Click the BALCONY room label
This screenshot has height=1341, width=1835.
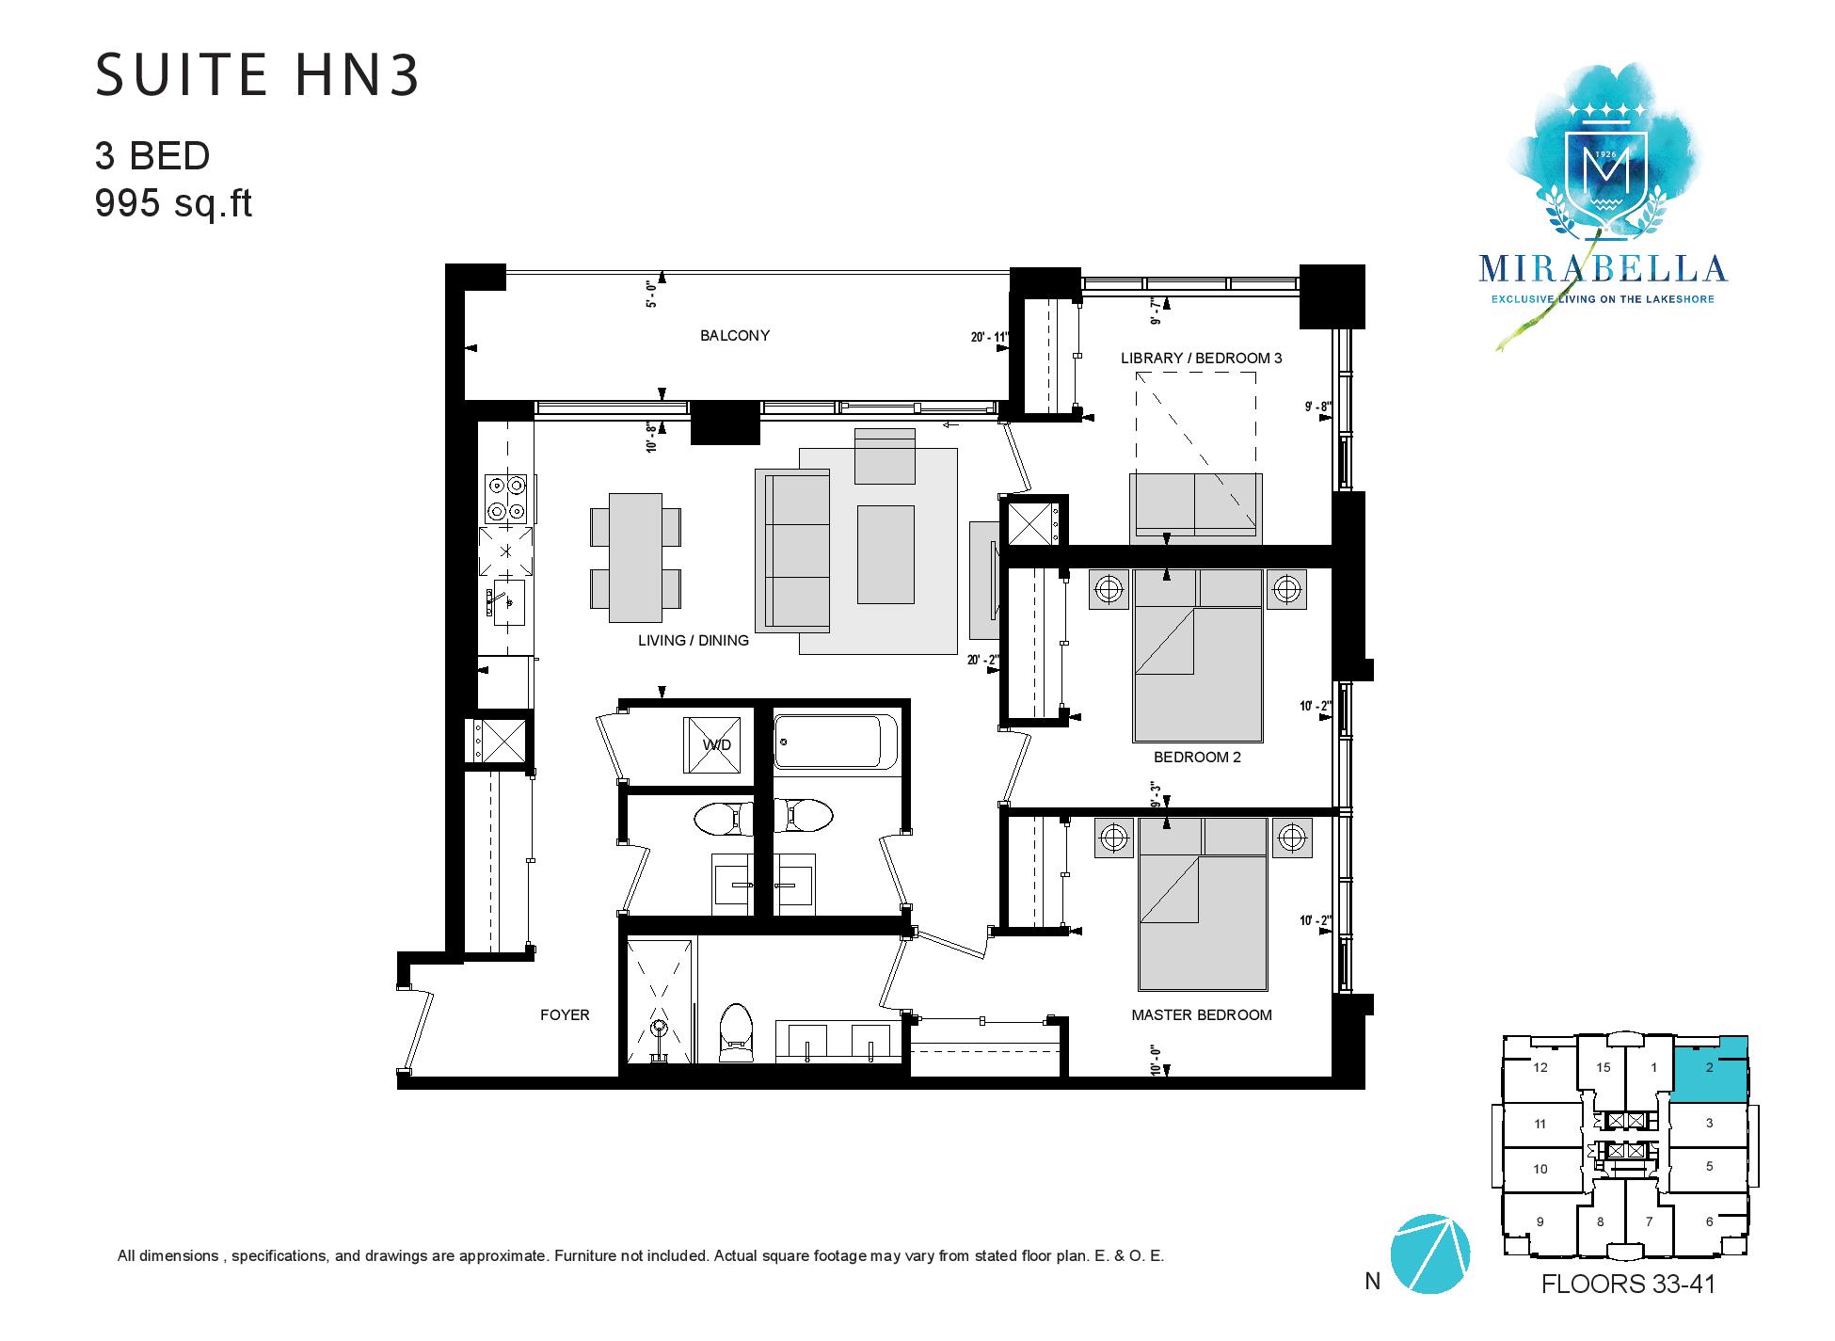click(x=735, y=335)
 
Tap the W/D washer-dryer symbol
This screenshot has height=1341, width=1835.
click(x=716, y=743)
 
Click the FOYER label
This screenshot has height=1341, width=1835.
click(x=565, y=1014)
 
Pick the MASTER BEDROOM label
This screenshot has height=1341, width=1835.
click(x=1202, y=1014)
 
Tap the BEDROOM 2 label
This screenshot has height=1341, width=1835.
click(x=1198, y=757)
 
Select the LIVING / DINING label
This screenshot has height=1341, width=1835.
click(x=694, y=641)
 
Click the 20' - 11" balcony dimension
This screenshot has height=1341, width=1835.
click(x=989, y=336)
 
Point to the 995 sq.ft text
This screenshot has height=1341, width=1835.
click(x=174, y=202)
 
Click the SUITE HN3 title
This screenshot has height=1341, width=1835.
click(x=257, y=76)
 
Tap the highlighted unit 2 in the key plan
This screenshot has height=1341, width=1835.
click(x=1710, y=1069)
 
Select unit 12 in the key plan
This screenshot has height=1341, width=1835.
click(x=1540, y=1067)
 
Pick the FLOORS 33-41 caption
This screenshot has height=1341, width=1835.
click(x=1628, y=1284)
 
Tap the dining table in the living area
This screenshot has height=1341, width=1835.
click(x=635, y=557)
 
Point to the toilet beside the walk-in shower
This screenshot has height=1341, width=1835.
click(x=736, y=1028)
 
